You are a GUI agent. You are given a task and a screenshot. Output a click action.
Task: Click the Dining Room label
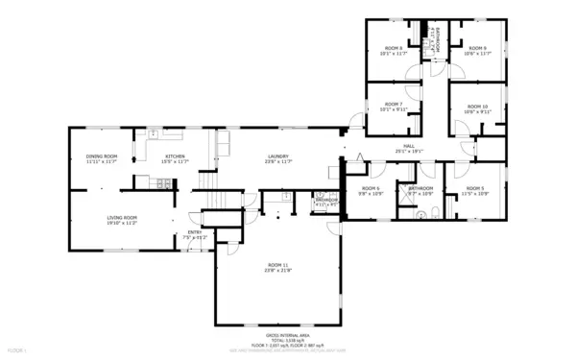[102, 156]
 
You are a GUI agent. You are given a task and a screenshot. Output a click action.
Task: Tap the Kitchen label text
[175, 156]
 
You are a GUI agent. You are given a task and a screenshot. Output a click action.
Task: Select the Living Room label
[122, 217]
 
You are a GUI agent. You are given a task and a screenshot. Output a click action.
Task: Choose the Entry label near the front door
[195, 231]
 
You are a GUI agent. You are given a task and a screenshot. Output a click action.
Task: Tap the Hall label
[409, 145]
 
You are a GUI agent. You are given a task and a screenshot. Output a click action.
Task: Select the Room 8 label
[394, 48]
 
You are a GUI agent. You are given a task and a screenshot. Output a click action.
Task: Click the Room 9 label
[477, 48]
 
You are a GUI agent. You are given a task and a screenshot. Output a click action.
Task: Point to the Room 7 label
[394, 104]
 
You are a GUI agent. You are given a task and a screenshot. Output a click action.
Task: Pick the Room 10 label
[477, 107]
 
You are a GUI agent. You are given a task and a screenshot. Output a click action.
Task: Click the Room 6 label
[371, 188]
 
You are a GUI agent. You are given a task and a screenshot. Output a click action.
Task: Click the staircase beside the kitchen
[206, 181]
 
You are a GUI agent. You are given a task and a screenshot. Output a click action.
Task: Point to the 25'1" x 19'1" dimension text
[409, 151]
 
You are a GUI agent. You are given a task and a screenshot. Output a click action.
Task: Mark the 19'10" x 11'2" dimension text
[122, 223]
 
